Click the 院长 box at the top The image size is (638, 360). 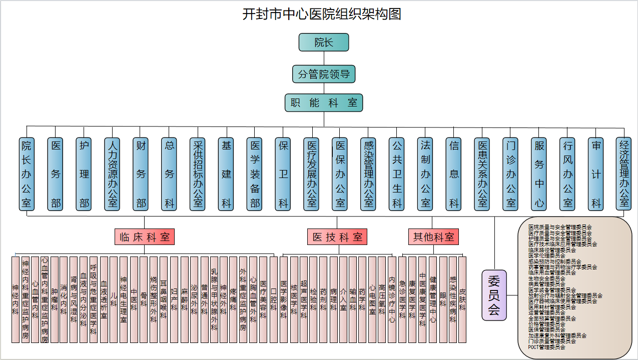point(323,42)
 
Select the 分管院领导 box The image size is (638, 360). point(323,74)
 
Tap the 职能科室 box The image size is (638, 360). point(323,103)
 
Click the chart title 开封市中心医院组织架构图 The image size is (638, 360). point(321,14)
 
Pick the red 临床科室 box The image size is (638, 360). point(145,237)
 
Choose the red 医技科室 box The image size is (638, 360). point(337,237)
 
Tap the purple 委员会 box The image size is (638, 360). point(494,295)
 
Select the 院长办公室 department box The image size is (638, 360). point(27,174)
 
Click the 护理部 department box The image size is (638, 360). point(84,174)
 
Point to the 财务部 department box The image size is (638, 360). point(141,174)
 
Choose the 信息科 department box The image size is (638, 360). point(454,174)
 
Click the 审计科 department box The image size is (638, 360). point(596,174)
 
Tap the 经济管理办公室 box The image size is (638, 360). point(624,174)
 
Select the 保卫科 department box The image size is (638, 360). point(284,174)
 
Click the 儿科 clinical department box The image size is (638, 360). point(114,299)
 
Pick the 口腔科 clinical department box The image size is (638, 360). point(273,299)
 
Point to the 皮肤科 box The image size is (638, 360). point(462,299)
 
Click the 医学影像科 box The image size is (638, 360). point(284,299)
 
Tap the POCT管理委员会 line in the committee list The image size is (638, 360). point(546,347)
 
